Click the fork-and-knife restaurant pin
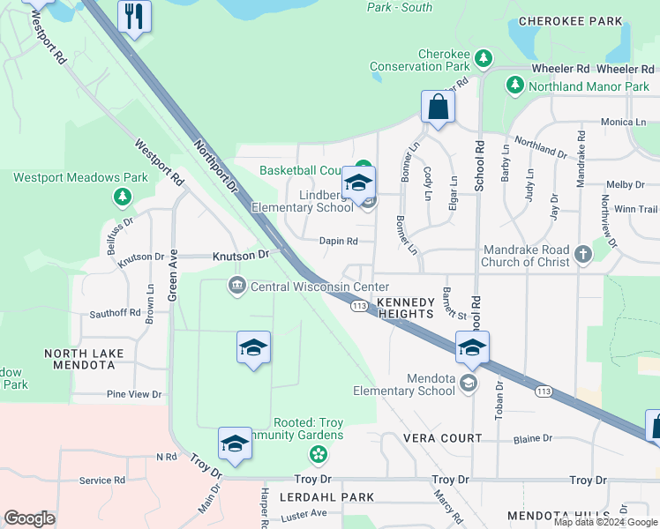pyautogui.click(x=134, y=18)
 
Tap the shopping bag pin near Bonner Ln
pyautogui.click(x=438, y=108)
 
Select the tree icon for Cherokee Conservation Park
pyautogui.click(x=483, y=58)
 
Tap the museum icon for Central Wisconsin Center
pyautogui.click(x=237, y=287)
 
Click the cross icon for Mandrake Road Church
pyautogui.click(x=581, y=255)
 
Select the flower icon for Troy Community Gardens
pyautogui.click(x=317, y=454)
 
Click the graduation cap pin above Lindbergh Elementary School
pyautogui.click(x=358, y=183)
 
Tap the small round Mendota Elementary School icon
pyautogui.click(x=468, y=382)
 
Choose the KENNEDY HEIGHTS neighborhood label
pyautogui.click(x=405, y=308)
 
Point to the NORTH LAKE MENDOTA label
pyautogui.click(x=85, y=359)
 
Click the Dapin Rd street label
pyautogui.click(x=339, y=241)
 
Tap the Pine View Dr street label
pyautogui.click(x=134, y=394)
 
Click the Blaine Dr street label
pyautogui.click(x=532, y=437)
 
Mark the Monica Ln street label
pyautogui.click(x=624, y=122)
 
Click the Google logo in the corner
pyautogui.click(x=29, y=518)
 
